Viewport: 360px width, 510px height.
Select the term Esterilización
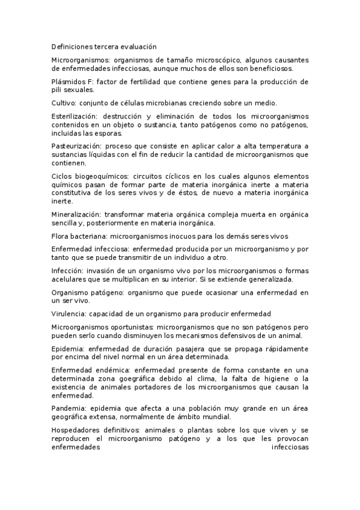74,116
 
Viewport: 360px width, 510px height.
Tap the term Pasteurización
76,146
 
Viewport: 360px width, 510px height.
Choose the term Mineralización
76,214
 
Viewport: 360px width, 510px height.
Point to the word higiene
277,378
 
